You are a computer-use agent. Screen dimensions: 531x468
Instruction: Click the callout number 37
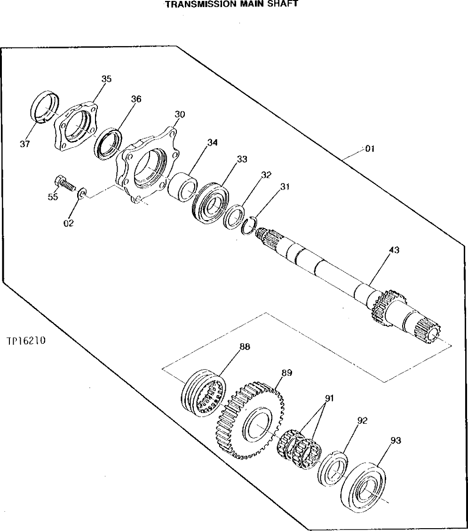(25, 144)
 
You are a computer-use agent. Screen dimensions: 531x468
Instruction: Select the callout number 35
(106, 79)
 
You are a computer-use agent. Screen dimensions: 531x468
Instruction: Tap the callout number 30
(180, 114)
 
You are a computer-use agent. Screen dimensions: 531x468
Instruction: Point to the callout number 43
(394, 251)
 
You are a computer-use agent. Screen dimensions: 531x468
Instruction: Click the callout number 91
(329, 398)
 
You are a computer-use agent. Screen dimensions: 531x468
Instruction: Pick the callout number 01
(369, 149)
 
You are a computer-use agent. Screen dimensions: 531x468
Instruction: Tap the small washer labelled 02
(81, 193)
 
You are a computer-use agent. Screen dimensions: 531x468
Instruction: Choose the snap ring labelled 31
(250, 224)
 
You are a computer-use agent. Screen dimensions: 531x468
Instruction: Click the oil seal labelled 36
(109, 143)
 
